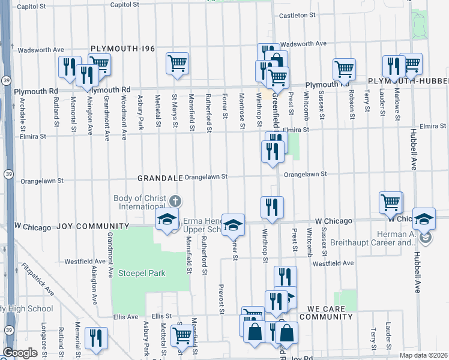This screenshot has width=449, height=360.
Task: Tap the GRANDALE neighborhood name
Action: click(160, 178)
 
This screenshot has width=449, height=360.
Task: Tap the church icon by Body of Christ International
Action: click(175, 200)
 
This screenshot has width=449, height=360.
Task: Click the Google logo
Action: click(20, 353)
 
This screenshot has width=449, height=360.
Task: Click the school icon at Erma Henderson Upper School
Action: click(233, 224)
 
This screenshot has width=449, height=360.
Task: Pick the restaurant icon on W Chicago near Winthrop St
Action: click(272, 207)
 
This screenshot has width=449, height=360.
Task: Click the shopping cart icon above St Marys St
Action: click(177, 63)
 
